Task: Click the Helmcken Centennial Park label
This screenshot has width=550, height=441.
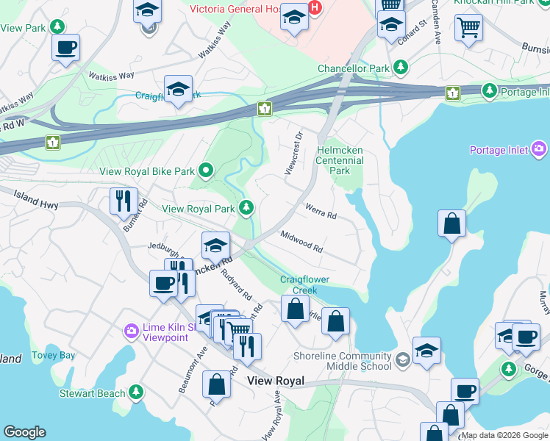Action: pyautogui.click(x=339, y=159)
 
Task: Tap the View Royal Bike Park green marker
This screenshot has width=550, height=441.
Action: pyautogui.click(x=206, y=172)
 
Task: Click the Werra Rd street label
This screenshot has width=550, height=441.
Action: pyautogui.click(x=321, y=213)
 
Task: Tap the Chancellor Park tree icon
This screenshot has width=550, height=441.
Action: pyautogui.click(x=400, y=68)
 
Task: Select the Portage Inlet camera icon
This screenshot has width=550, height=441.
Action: pyautogui.click(x=540, y=151)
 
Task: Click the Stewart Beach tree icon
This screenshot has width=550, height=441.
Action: pyautogui.click(x=135, y=393)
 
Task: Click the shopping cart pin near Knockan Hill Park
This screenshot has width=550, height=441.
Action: pyautogui.click(x=468, y=28)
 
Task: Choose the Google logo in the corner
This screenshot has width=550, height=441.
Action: pyautogui.click(x=24, y=432)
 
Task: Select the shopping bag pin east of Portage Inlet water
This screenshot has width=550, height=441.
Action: pyautogui.click(x=451, y=224)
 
